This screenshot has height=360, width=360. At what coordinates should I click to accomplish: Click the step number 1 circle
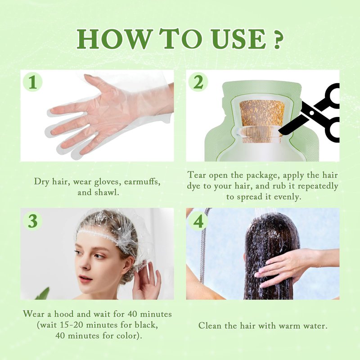tap(33, 82)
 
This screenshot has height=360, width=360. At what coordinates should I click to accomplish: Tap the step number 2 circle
tap(198, 82)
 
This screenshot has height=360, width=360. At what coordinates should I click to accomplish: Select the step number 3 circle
tap(33, 221)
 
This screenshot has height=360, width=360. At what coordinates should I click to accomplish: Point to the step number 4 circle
tap(198, 221)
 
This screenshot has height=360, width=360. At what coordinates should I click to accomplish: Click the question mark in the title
tap(277, 40)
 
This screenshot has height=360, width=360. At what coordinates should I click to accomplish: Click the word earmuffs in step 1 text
tap(142, 182)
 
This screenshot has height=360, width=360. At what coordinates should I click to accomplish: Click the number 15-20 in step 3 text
tap(72, 325)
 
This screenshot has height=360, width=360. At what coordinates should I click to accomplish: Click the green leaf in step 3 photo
tap(43, 294)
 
